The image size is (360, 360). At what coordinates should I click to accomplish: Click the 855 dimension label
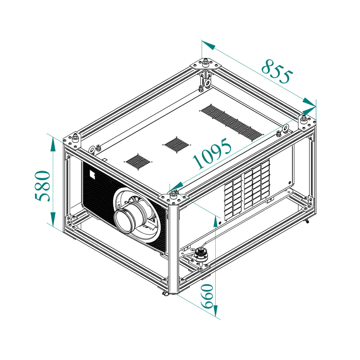(x=277, y=71)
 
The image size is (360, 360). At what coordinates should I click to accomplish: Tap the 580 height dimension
(x=42, y=186)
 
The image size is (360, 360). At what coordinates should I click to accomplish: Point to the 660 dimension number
(x=207, y=296)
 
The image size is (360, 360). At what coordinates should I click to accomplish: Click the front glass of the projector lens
(x=124, y=221)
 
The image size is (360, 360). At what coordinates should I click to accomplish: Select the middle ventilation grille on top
(x=177, y=145)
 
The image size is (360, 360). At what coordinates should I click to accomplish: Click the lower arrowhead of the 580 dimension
(x=53, y=219)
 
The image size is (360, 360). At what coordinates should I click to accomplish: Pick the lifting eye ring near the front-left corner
(x=92, y=149)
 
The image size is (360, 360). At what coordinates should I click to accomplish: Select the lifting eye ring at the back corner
(x=208, y=82)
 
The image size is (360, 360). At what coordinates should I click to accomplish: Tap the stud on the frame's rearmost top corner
(x=205, y=63)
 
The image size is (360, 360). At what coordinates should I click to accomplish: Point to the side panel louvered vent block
(x=247, y=189)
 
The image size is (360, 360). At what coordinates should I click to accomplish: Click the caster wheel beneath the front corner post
(x=165, y=294)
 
